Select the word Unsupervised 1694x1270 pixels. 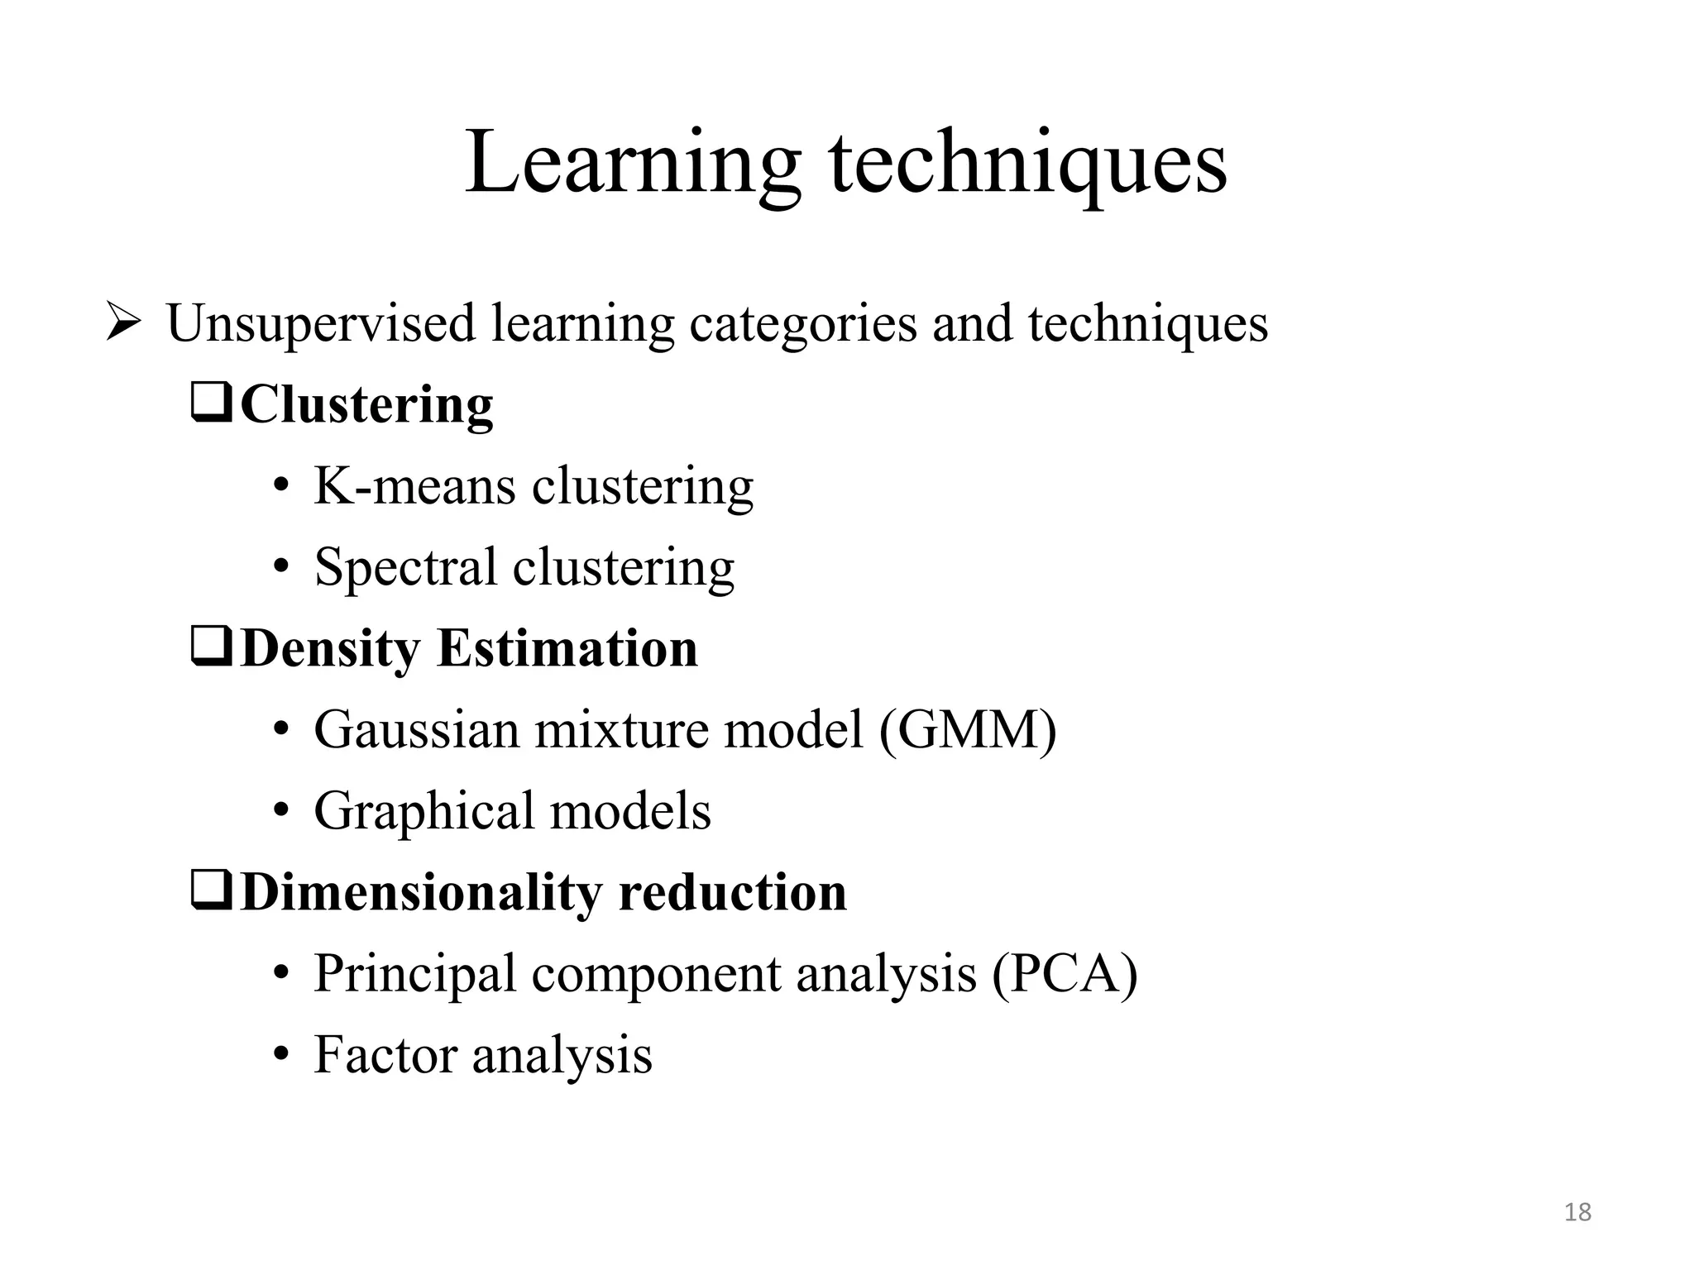[321, 323]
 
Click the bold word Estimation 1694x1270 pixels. [567, 648]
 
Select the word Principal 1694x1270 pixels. [414, 973]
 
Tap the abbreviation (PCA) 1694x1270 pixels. [1065, 973]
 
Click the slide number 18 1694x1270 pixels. [1577, 1212]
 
